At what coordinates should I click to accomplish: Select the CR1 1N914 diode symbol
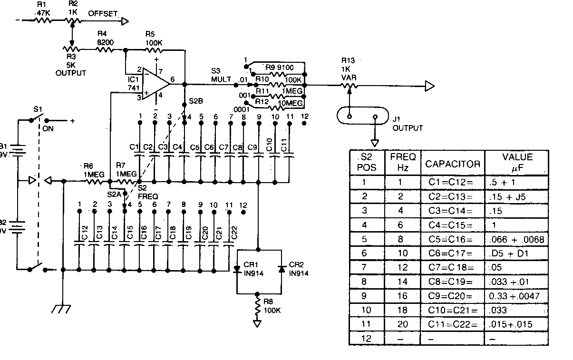237,269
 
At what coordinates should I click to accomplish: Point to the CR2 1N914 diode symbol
281,269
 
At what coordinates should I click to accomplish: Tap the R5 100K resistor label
154,38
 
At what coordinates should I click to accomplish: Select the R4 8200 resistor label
105,38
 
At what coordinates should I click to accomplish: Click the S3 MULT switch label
221,75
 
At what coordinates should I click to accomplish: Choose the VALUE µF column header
517,162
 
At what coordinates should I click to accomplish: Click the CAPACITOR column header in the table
452,164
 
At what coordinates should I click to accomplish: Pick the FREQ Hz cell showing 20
402,324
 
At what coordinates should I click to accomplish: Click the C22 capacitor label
233,233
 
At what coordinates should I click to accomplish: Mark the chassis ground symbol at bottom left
62,309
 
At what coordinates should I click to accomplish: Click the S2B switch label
195,101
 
